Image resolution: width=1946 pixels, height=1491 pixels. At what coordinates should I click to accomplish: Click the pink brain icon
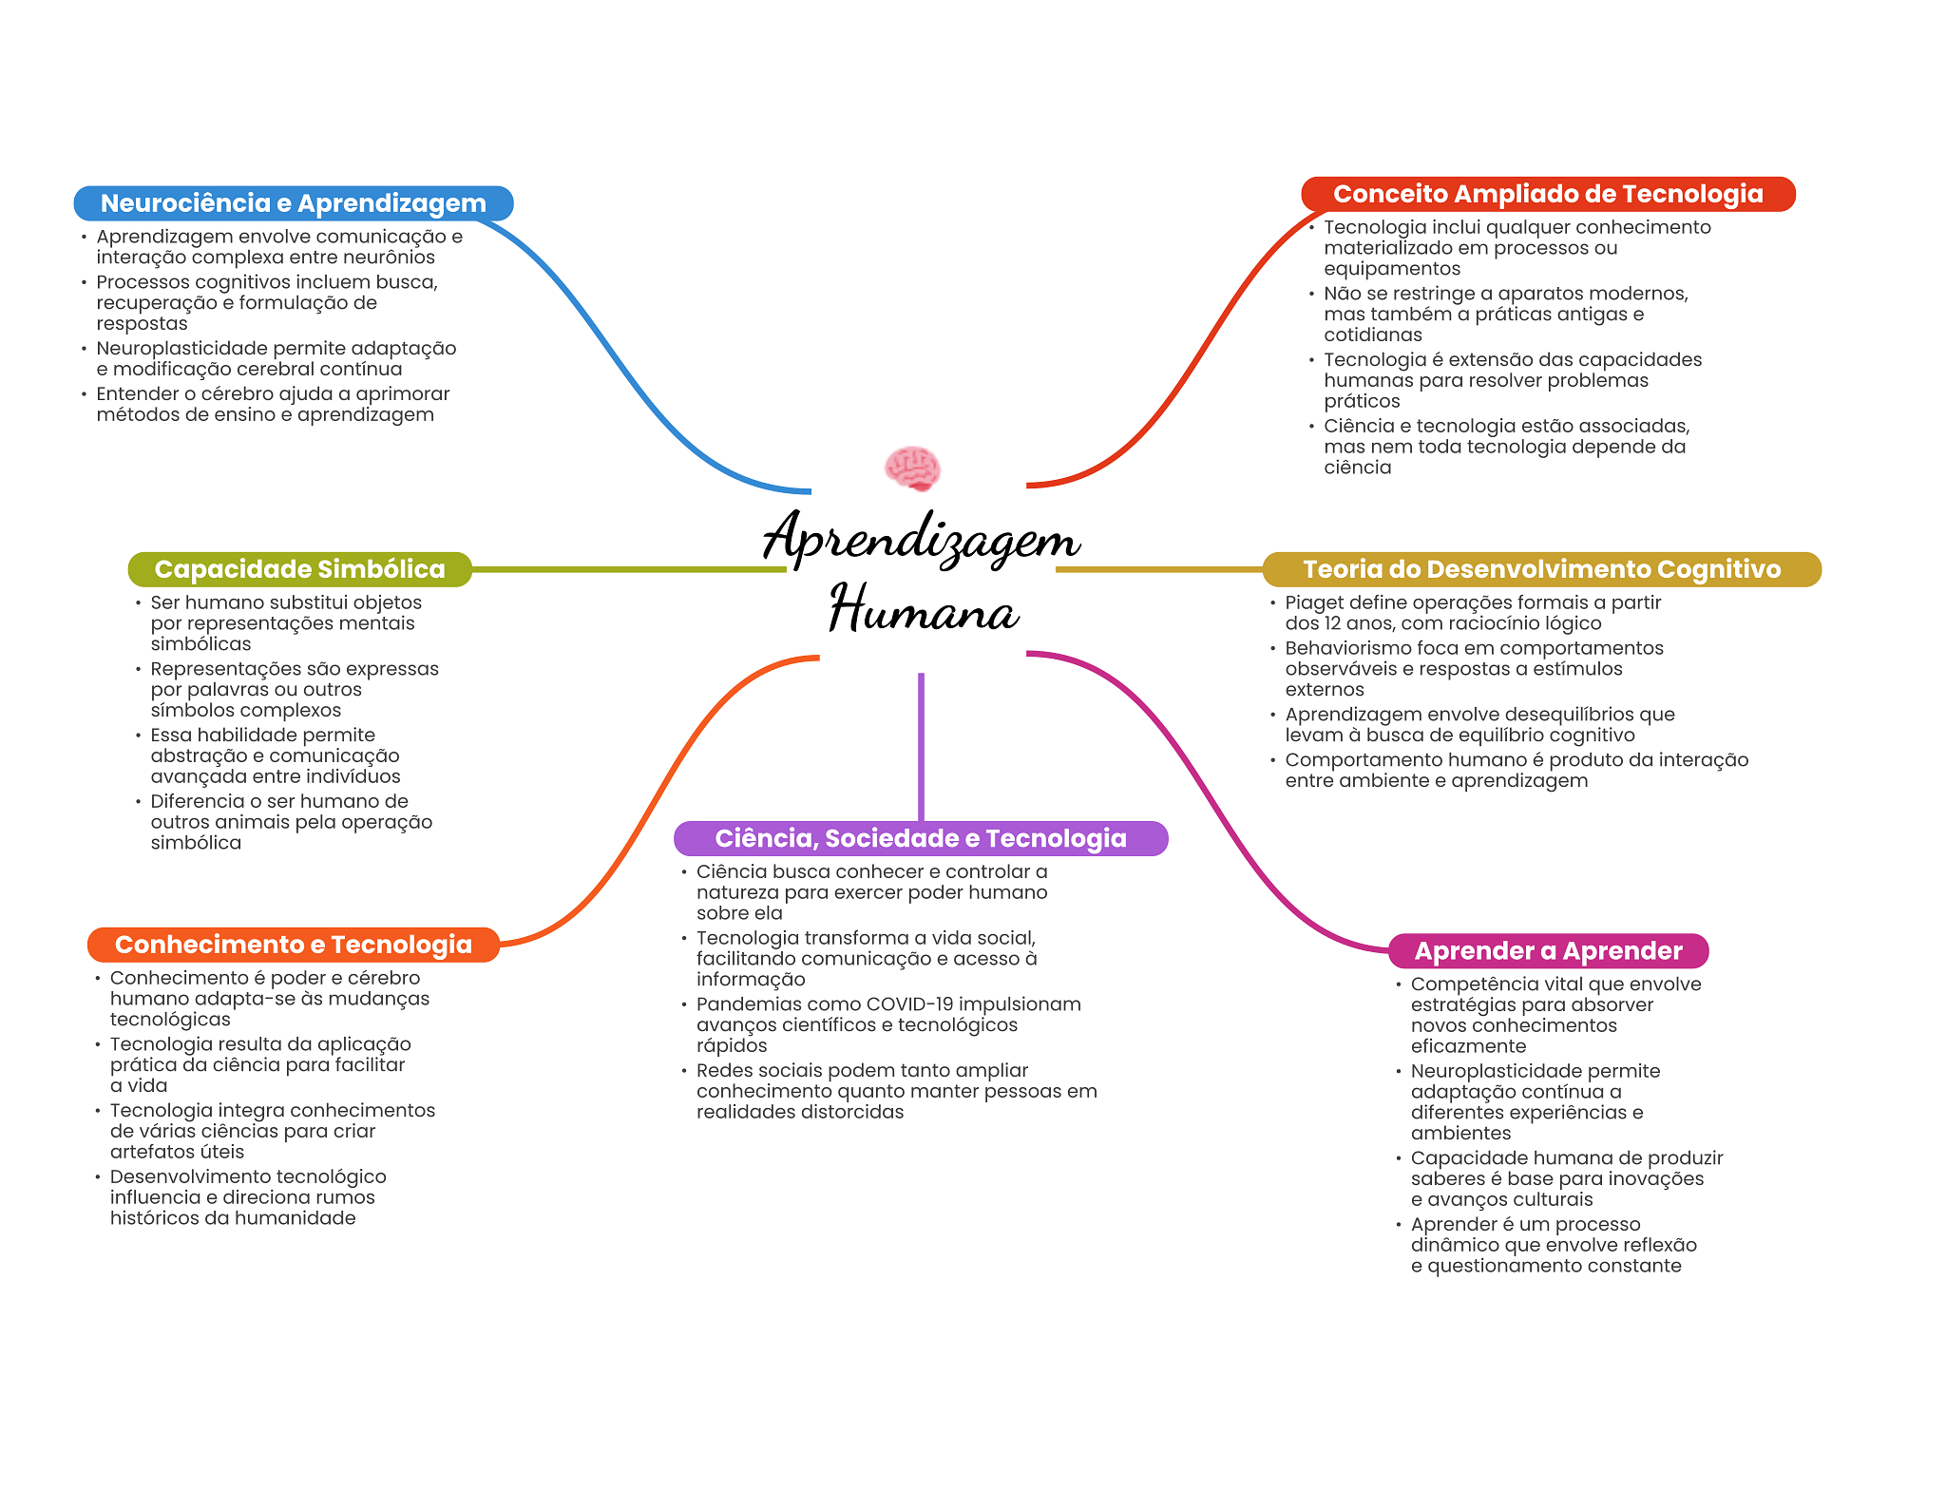pos(912,468)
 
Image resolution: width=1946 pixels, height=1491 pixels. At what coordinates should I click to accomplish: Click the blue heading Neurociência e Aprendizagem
pos(294,203)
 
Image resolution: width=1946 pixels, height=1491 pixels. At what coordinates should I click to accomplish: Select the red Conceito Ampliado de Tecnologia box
pos(1548,194)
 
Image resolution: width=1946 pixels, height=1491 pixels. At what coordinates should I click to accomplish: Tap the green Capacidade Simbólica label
pos(300,569)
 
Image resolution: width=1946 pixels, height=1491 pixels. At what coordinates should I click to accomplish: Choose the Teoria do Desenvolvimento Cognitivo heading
pos(1541,569)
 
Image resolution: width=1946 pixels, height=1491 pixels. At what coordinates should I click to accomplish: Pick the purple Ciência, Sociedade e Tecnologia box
pos(921,838)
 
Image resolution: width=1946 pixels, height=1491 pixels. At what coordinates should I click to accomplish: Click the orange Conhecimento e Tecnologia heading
pos(294,945)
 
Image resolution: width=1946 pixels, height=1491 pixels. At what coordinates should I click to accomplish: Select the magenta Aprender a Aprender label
pos(1549,951)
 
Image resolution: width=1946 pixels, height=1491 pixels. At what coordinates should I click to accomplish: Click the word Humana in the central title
pos(924,608)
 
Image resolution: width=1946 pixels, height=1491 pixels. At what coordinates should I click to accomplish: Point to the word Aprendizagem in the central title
pos(922,538)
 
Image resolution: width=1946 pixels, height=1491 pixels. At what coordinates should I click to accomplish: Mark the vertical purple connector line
pos(921,747)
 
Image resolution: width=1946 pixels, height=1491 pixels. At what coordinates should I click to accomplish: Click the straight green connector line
pos(629,569)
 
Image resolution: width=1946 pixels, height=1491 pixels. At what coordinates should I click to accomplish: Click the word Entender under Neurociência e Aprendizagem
pos(138,393)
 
